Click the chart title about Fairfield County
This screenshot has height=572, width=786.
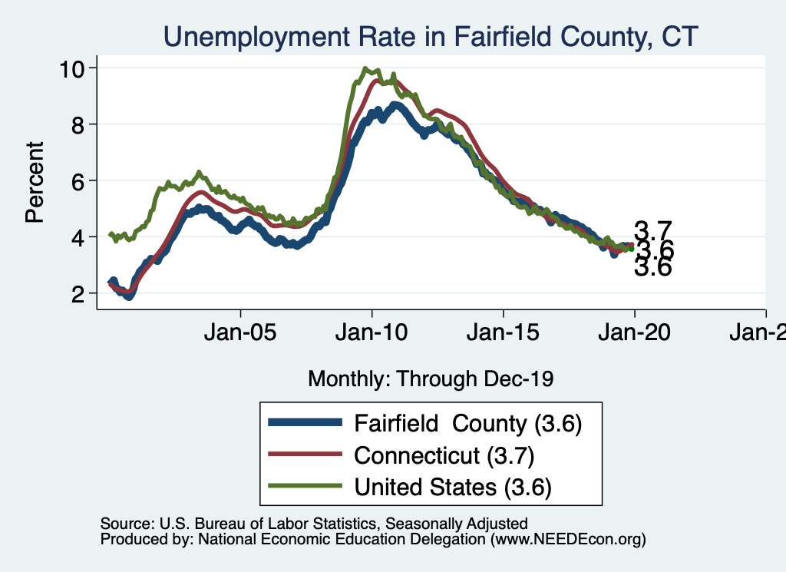pos(431,37)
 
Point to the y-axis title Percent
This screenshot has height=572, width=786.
pos(35,182)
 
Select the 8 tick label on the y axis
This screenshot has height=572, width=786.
pos(78,125)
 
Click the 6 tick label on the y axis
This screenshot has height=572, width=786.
pos(78,181)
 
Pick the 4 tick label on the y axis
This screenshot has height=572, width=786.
pos(78,237)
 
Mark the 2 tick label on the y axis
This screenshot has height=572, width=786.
pos(78,294)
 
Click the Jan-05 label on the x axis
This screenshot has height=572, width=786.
pos(240,332)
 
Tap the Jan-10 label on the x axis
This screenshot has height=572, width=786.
pos(372,332)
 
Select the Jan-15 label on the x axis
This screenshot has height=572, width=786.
pos(503,332)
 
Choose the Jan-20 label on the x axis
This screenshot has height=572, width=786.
pos(634,332)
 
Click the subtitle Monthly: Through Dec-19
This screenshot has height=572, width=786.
pos(431,379)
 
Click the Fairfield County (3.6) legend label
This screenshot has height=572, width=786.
pos(467,424)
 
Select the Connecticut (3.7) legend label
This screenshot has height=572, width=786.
pos(444,455)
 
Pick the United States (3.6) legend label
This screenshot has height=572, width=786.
pos(453,487)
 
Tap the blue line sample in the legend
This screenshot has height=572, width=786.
pos(305,422)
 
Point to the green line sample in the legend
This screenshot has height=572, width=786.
pos(305,486)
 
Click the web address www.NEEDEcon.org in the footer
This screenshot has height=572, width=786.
pos(568,540)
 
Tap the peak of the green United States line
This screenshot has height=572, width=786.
pos(365,68)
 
